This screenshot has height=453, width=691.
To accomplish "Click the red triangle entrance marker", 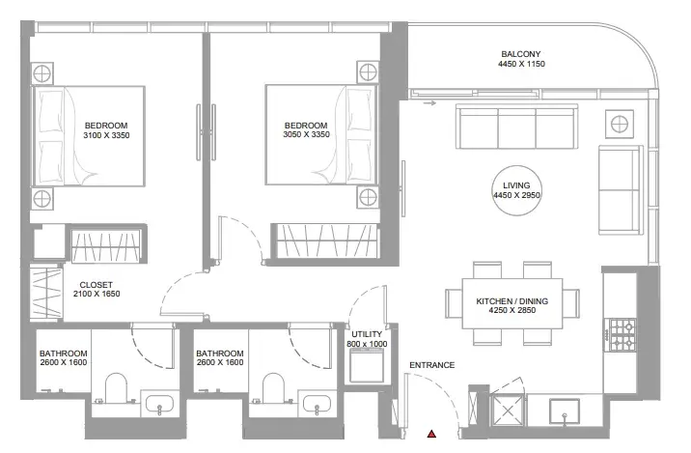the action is tap(431, 434).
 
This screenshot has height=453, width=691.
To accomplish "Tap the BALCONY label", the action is tap(520, 54).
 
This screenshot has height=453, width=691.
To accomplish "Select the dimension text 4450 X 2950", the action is tap(516, 195).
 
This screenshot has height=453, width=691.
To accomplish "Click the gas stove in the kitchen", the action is tap(622, 334).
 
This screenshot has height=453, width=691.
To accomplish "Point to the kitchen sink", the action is tap(564, 411).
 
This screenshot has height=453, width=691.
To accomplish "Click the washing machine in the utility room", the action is tap(366, 365).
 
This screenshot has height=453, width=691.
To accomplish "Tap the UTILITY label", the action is tap(367, 334).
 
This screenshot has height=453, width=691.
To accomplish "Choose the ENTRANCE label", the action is tap(432, 365).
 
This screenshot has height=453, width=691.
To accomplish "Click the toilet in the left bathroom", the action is tap(117, 387).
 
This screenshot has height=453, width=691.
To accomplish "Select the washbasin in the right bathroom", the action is tap(317, 404).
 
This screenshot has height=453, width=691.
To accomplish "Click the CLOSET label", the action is tap(97, 285).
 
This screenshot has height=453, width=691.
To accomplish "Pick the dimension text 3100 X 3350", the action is tap(106, 135).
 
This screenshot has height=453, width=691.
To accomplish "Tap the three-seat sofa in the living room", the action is tap(516, 127).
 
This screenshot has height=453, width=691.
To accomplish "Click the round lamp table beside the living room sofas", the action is tap(620, 124).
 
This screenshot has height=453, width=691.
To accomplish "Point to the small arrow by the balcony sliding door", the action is tap(429, 103).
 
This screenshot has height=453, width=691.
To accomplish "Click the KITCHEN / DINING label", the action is tap(512, 301).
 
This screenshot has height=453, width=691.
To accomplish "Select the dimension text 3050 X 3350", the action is tap(306, 134).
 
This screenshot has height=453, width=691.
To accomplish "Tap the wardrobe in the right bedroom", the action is tap(325, 241).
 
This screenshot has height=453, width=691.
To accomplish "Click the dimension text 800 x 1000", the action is tap(367, 344).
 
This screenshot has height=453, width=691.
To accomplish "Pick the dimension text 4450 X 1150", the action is tap(521, 64).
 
